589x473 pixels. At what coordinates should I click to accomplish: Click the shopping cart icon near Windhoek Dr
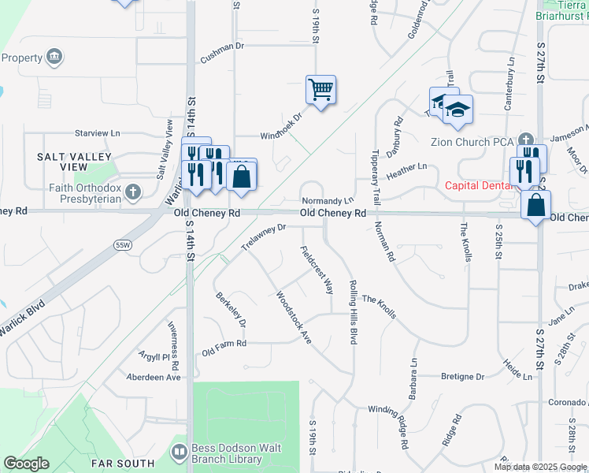coord(320,89)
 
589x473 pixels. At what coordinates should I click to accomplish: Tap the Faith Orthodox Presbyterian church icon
coord(133,192)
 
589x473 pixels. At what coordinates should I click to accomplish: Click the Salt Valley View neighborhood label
coord(63,162)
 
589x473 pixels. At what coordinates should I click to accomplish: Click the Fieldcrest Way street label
coord(317,270)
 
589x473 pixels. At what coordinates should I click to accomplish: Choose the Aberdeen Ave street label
coord(154,377)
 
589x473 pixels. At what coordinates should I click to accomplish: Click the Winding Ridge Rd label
coord(391,426)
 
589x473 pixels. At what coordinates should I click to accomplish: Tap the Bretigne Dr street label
coord(462,377)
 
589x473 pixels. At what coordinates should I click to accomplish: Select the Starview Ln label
coord(97,133)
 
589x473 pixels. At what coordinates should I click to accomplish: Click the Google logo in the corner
coord(26,464)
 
